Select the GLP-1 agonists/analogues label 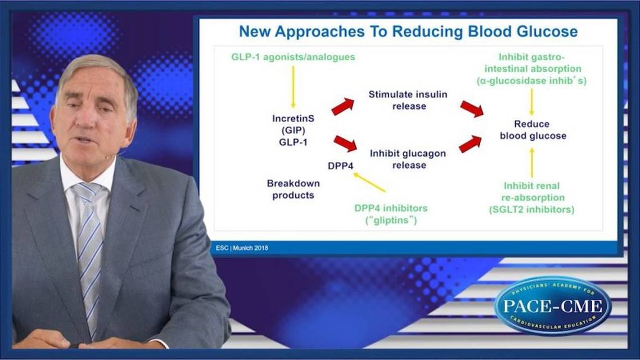click(x=293, y=57)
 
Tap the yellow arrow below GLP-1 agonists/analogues click(x=293, y=87)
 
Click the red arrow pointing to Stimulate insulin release click(x=342, y=106)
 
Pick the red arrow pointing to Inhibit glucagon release click(x=345, y=143)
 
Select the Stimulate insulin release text click(x=408, y=100)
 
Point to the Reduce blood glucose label click(x=531, y=130)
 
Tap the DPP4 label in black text click(x=341, y=165)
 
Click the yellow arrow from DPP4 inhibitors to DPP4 click(x=369, y=182)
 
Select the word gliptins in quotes click(x=391, y=220)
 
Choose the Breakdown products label click(x=293, y=190)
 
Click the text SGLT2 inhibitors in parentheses click(x=531, y=210)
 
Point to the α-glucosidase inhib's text click(x=531, y=80)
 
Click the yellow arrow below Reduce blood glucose click(x=531, y=162)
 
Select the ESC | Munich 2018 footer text click(x=242, y=247)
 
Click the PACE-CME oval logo click(x=552, y=306)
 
